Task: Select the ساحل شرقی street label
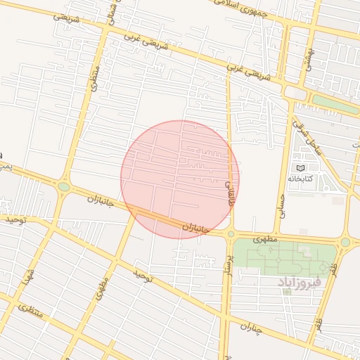point(312,139)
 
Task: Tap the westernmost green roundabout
point(64,187)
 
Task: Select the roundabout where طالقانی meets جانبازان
point(230,233)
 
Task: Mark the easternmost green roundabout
point(345,243)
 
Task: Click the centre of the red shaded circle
point(180,179)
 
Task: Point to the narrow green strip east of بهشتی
point(335,104)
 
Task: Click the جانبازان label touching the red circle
point(196,228)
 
